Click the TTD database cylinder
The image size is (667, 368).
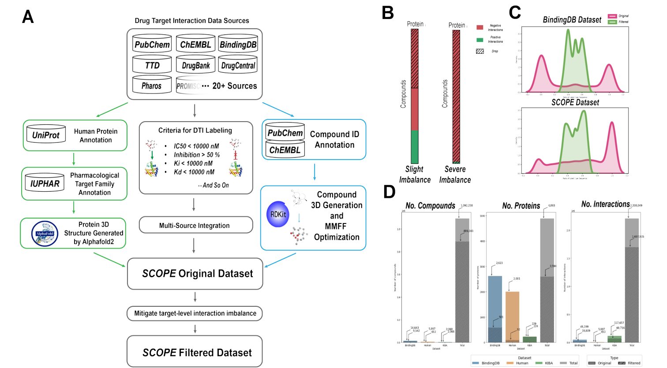152,65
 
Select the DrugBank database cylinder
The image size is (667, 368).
195,65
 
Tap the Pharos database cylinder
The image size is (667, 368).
152,85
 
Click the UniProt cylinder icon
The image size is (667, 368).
46,135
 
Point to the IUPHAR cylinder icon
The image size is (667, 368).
45,183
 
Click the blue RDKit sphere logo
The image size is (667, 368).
278,214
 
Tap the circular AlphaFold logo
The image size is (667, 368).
45,234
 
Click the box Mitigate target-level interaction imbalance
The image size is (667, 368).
195,313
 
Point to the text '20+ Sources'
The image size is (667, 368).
234,86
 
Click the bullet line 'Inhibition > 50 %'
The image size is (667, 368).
196,155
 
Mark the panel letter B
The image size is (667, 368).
387,13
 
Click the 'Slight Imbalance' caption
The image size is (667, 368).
415,175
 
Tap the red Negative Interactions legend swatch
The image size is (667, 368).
480,27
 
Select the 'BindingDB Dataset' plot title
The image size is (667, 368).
572,20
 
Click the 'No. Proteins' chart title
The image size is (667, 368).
521,206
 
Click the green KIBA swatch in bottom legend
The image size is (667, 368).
538,363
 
